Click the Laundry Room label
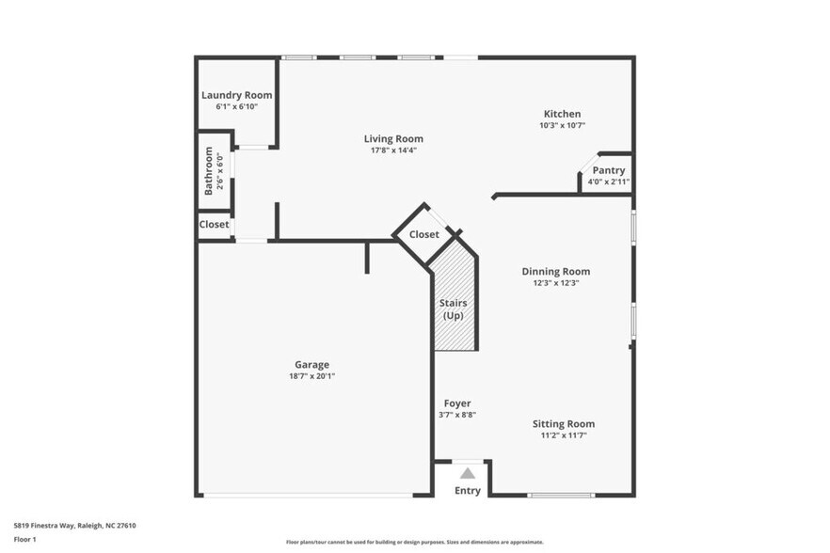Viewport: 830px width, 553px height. (x=236, y=95)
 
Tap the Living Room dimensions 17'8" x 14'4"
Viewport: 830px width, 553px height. (x=393, y=150)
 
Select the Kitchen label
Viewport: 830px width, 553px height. (x=562, y=114)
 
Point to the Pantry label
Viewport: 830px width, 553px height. (x=608, y=170)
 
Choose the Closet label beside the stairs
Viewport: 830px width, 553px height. (x=423, y=234)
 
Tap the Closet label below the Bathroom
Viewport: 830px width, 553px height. (x=214, y=225)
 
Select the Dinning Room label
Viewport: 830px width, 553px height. (x=556, y=272)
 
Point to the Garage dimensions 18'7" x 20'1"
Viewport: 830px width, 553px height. (x=311, y=376)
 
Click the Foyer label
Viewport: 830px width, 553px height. (x=457, y=403)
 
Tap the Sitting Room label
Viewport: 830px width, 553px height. (x=563, y=424)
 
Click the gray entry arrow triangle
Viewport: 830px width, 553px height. (x=467, y=473)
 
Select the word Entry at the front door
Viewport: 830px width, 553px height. (x=467, y=490)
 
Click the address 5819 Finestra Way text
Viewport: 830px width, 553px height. (x=74, y=526)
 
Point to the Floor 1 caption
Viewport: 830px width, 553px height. (x=24, y=539)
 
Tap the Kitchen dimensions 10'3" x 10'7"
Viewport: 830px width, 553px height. (x=562, y=125)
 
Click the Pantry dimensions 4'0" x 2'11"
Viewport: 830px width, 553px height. (x=608, y=182)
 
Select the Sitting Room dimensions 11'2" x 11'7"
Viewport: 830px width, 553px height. (x=563, y=435)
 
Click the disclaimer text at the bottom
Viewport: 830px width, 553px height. (x=414, y=542)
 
